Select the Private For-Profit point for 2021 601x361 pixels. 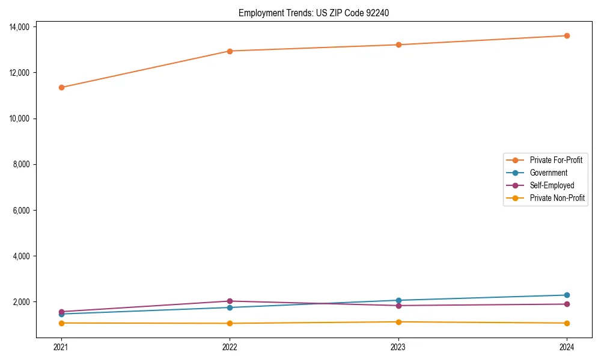coord(61,87)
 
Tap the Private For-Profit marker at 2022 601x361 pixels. coord(230,51)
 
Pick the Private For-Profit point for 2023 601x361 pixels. coord(398,45)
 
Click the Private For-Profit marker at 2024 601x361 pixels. coord(567,35)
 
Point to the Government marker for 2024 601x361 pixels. coord(567,295)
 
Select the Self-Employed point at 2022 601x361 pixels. coord(230,301)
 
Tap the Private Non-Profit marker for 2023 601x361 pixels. coord(398,322)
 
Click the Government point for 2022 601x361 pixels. coord(230,307)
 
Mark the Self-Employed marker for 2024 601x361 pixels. coord(567,304)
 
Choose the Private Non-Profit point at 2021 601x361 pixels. coord(61,323)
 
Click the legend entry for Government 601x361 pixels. coord(548,173)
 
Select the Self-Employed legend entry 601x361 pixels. coord(552,185)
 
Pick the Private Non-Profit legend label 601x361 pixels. coord(557,198)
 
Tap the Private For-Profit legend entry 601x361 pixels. coord(556,160)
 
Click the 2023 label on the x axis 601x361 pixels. coord(398,347)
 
